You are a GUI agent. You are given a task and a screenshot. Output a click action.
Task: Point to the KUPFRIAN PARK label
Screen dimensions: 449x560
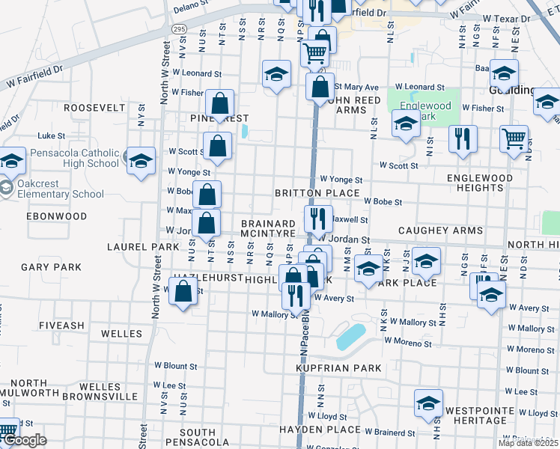(338, 368)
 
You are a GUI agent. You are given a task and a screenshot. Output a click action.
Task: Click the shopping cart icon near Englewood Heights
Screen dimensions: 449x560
(514, 138)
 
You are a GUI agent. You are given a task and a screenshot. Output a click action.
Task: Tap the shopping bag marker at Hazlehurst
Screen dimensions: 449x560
(183, 293)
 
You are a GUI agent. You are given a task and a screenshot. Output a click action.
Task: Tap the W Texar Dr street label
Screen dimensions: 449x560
(508, 17)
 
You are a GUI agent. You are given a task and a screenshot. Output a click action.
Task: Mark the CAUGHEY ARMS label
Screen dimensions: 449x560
(440, 231)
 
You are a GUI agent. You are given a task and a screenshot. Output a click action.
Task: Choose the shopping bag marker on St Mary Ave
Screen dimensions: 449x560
(320, 86)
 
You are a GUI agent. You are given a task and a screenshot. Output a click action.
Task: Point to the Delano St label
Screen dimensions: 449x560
(189, 8)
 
